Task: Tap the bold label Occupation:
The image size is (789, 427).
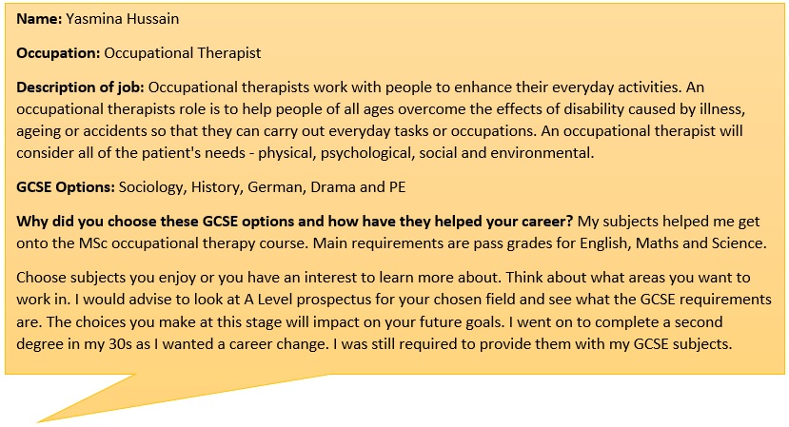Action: point(58,53)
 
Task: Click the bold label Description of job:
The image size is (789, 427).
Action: point(80,87)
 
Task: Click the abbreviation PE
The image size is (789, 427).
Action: point(397,187)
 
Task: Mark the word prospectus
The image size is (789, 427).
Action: point(332,301)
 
